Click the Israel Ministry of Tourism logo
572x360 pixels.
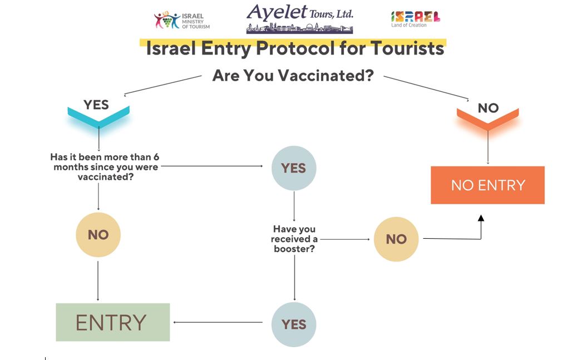[x=181, y=20]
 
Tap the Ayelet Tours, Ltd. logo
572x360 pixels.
[x=300, y=18]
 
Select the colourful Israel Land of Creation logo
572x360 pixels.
[x=416, y=19]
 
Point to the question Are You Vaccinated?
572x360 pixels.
[x=293, y=76]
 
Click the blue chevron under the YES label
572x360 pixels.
[x=98, y=116]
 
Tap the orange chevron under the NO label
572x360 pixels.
[x=488, y=119]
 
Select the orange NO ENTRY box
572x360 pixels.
[x=488, y=185]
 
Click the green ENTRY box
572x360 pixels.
[x=113, y=322]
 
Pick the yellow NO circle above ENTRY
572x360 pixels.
[x=98, y=235]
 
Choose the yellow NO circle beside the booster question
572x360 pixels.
[x=396, y=239]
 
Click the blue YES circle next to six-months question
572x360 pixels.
[x=294, y=168]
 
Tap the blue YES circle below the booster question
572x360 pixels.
[x=294, y=324]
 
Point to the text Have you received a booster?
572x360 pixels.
[x=294, y=239]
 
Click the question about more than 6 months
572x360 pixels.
[x=105, y=167]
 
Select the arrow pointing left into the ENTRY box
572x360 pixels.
[x=218, y=322]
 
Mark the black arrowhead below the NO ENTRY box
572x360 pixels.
[x=481, y=218]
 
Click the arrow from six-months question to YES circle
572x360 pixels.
[x=211, y=166]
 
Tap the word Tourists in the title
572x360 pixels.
[x=407, y=48]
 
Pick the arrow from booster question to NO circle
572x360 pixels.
[x=345, y=239]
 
